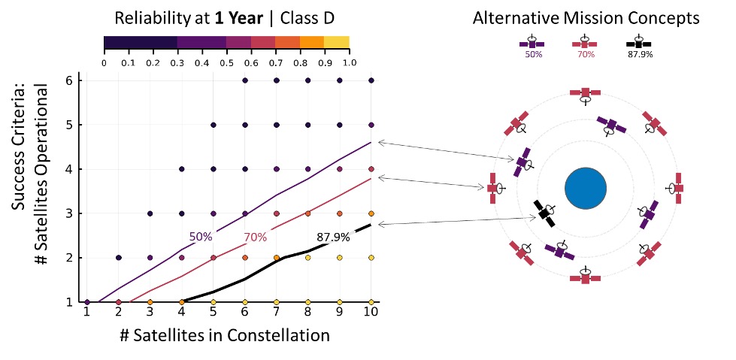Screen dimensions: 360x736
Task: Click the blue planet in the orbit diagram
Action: coord(585,188)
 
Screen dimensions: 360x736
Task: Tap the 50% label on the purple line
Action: coord(201,237)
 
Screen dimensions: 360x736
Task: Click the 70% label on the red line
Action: coord(256,237)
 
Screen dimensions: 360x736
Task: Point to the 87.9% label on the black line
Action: coord(333,237)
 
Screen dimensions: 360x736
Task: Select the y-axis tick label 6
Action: coord(68,80)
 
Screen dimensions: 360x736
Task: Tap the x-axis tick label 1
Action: coord(87,312)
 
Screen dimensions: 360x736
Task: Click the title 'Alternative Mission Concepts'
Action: coord(586,18)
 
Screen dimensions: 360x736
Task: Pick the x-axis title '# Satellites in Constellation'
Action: coord(224,335)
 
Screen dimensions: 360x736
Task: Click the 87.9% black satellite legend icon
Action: coord(638,43)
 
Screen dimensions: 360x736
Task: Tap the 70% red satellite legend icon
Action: coord(585,43)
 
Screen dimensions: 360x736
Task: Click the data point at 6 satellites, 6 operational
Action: coord(245,80)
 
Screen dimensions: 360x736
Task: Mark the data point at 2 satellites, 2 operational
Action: coord(119,257)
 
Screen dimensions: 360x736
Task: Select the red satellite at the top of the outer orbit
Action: coord(585,93)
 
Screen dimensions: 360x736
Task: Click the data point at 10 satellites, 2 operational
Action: coord(370,257)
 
